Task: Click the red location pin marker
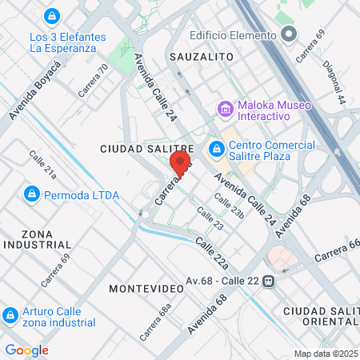pos(180,164)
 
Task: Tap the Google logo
pos(26,350)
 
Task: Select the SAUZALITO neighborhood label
pos(202,57)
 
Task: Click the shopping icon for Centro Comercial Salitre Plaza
pos(216,148)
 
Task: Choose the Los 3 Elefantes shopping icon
pos(52,16)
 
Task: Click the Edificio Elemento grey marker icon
pos(289,35)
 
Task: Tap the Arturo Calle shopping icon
pos(11,315)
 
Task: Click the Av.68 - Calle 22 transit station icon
pos(270,280)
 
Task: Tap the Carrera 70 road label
pos(93,81)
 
